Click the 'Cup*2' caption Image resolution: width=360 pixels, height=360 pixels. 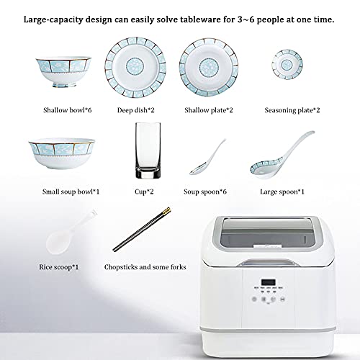point(146,192)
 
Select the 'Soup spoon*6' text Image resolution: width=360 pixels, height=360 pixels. point(210,192)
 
